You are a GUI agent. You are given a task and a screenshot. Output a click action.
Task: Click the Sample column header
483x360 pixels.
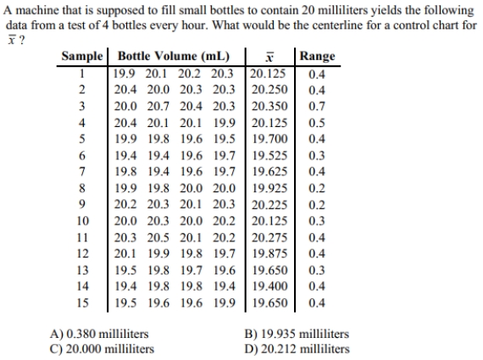82,56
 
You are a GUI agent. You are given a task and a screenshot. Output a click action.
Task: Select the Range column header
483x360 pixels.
317,57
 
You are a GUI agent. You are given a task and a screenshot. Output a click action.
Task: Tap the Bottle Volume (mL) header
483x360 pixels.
174,56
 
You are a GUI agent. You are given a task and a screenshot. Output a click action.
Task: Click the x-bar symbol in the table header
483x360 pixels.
269,57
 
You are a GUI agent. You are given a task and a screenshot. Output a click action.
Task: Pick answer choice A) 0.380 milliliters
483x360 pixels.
99,334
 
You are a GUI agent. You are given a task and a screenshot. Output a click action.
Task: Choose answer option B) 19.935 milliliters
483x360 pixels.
297,334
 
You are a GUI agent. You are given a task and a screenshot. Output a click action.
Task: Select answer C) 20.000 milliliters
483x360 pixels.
102,349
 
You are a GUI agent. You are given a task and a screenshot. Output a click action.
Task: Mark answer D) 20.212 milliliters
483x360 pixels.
297,349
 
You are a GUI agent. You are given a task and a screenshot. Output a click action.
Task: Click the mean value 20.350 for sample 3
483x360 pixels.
269,106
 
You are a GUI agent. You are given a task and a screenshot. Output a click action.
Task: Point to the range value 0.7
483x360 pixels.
317,106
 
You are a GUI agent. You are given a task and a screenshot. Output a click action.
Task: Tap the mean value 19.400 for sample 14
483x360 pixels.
269,286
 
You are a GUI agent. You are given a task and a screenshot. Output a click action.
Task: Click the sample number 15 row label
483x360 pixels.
82,302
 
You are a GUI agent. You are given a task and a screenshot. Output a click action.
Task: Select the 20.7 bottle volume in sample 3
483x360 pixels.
158,106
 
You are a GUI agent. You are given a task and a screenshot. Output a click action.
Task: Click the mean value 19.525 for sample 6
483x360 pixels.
269,156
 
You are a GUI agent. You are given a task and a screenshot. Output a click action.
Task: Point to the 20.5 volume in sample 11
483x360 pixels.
158,237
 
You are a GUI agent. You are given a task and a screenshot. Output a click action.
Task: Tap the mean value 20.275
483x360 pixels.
269,237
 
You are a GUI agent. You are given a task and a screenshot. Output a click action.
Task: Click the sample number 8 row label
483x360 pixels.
81,188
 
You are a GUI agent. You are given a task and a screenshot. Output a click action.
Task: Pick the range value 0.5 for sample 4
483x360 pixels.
317,123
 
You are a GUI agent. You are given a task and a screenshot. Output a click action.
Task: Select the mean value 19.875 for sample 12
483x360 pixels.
269,254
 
